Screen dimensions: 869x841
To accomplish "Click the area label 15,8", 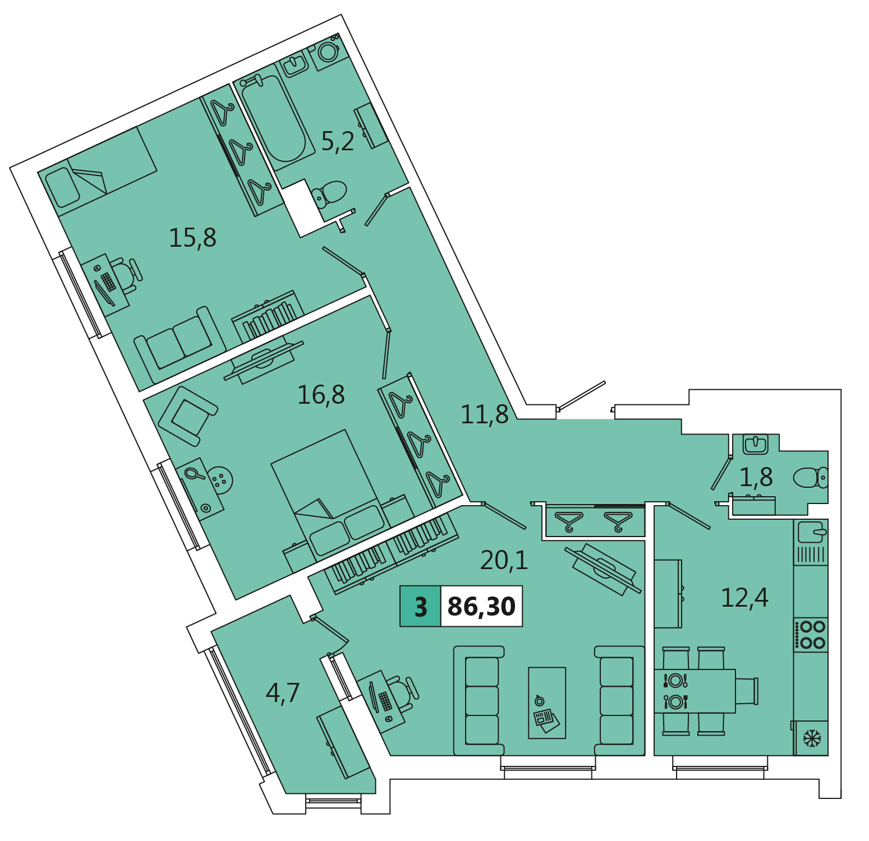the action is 192,238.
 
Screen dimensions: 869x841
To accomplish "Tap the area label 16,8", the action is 321,395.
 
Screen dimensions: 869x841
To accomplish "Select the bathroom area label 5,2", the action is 338,141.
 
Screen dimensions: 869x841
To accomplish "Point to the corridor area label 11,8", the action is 485,414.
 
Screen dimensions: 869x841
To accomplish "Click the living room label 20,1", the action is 504,560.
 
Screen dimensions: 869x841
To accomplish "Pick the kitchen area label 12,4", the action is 744,598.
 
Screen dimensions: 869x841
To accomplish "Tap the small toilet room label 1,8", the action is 756,478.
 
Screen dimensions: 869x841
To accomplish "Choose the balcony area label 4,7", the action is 283,693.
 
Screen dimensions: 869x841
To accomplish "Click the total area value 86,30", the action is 482,606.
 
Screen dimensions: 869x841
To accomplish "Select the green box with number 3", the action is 421,606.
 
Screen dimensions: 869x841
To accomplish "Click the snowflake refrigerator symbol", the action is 812,738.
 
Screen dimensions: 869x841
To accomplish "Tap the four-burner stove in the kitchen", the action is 811,635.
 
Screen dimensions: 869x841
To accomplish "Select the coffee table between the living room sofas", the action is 547,703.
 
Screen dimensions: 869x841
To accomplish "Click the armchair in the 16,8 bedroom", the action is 187,415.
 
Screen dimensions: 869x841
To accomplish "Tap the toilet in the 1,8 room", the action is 811,478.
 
